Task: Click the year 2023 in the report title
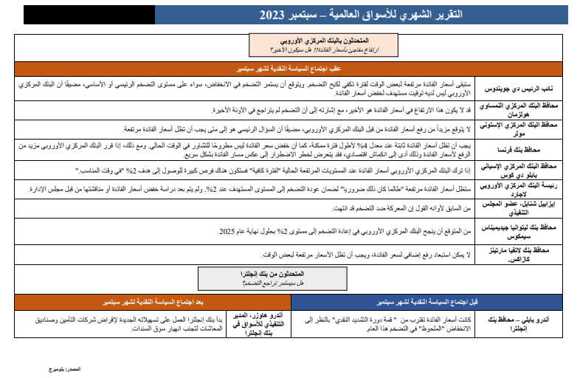275,16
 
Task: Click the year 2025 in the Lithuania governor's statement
230,232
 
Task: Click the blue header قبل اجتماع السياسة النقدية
435,302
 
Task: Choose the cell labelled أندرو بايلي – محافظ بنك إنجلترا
526,323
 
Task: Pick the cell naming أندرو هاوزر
258,323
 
